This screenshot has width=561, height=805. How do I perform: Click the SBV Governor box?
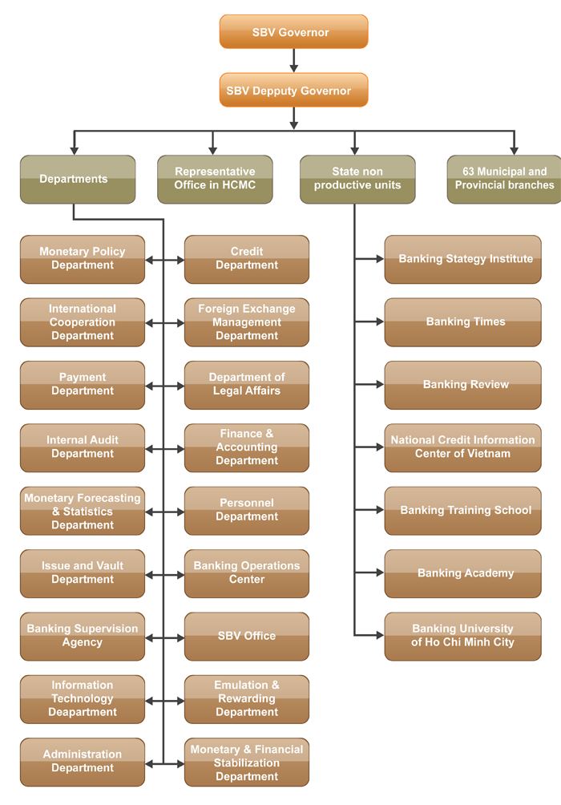point(293,32)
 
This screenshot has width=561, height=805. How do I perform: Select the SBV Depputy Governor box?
point(293,91)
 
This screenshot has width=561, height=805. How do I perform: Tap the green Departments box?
point(78,179)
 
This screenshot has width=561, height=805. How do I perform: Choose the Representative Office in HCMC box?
point(215,179)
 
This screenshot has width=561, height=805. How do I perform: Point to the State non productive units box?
point(357,179)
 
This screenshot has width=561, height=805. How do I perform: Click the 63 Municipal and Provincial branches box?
point(504,179)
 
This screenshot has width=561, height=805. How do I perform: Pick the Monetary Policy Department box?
point(83,259)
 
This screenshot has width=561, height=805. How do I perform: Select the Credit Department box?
point(246,259)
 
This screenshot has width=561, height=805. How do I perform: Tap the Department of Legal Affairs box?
point(246,385)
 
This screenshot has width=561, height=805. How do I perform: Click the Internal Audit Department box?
point(83,447)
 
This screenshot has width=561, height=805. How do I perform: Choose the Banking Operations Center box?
point(246,573)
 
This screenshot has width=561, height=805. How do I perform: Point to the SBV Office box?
point(246,637)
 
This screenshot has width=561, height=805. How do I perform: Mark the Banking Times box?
point(462,322)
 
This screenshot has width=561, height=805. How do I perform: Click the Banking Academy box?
point(462,573)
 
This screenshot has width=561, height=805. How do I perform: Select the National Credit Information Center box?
point(462,447)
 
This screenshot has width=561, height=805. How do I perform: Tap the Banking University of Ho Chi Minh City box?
point(462,637)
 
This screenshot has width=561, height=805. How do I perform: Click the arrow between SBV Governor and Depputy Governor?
point(294,61)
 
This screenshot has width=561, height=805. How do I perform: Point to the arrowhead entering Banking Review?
point(379,385)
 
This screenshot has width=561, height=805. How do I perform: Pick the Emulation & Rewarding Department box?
point(246,699)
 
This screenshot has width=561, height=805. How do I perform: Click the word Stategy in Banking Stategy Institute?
point(470,259)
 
